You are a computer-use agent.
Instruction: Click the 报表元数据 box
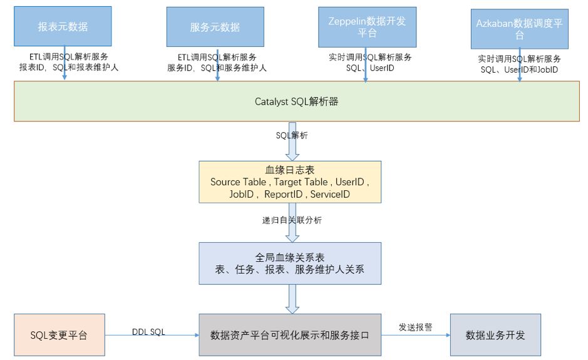(63, 27)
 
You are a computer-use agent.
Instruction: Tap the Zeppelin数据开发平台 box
(367, 27)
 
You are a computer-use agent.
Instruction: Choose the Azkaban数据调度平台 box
(519, 29)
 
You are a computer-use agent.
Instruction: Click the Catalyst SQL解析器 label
(296, 101)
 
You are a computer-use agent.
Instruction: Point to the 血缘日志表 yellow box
(290, 182)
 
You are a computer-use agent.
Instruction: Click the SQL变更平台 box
(59, 335)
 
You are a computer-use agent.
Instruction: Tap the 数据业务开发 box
(495, 335)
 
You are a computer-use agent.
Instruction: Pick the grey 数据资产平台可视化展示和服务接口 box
(290, 335)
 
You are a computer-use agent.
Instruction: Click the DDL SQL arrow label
(148, 332)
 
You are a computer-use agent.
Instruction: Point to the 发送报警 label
(415, 327)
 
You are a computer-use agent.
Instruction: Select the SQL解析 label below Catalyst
(292, 135)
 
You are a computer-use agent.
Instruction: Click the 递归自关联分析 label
(292, 220)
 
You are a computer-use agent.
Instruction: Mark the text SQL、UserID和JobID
(519, 69)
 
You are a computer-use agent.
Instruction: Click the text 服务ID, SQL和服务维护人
(217, 68)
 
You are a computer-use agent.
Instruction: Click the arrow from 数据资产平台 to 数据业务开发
(415, 336)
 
